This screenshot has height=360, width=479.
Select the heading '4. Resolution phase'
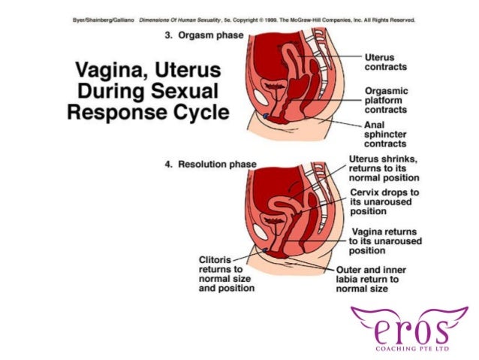210,164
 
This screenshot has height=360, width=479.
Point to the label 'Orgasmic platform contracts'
386,98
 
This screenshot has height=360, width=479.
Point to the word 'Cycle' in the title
192,113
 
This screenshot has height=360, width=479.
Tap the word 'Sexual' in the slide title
183,93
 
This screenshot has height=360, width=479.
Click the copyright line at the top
239,21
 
